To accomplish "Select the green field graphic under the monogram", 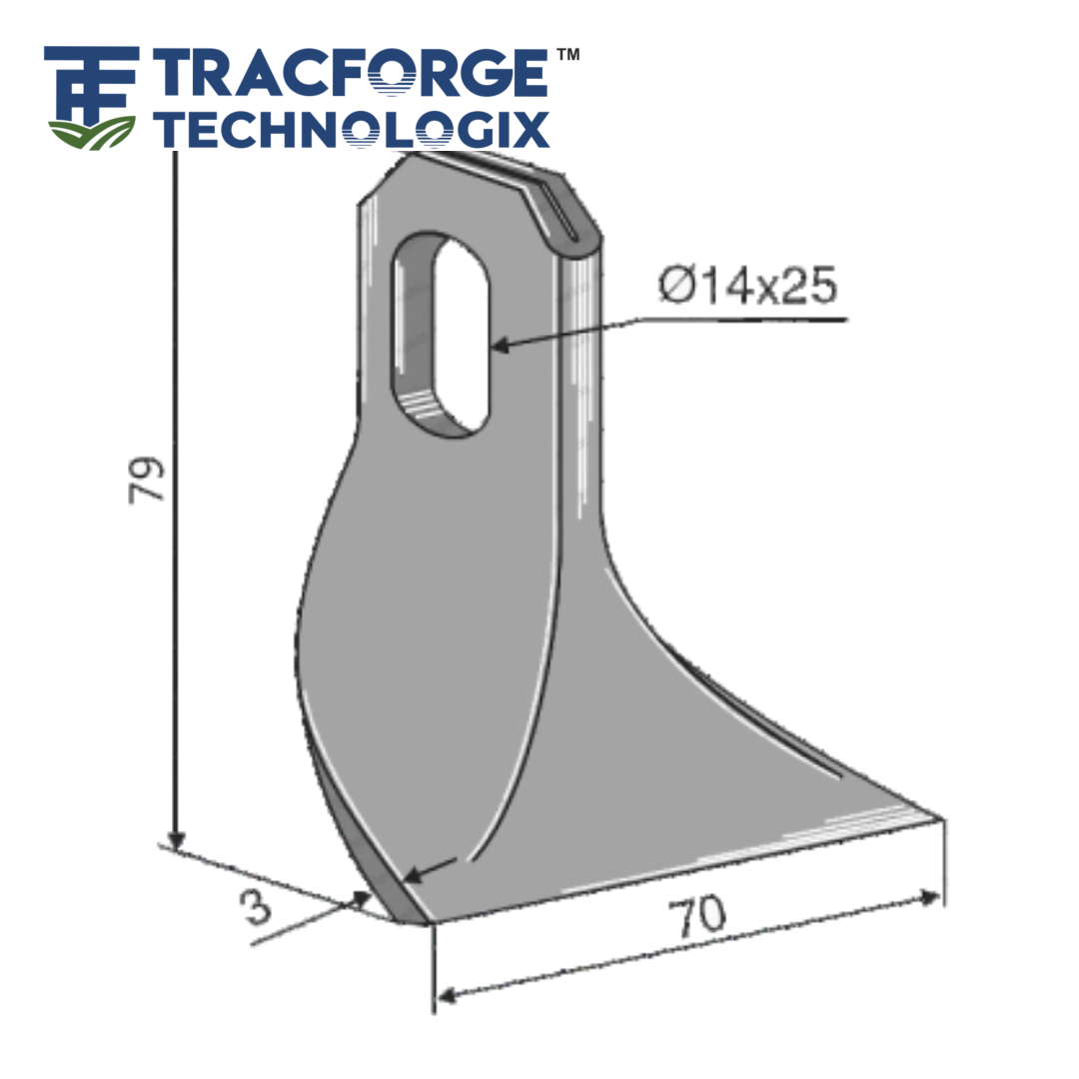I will (91, 132).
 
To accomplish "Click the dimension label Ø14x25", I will (746, 287).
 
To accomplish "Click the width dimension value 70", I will (699, 917).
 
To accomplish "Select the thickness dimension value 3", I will (257, 908).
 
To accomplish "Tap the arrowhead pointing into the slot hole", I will (501, 345).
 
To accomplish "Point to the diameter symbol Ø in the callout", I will (670, 288).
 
